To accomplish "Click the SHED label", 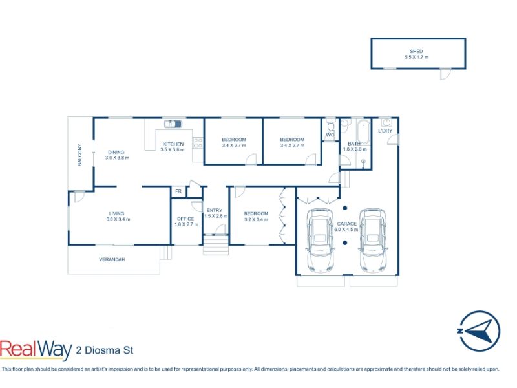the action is point(416,51).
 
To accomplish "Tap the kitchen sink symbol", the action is point(173,124).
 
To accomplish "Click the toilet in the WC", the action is point(331,127).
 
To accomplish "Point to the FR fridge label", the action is point(178,191).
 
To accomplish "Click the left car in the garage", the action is point(320,240).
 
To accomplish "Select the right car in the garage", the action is point(373,240).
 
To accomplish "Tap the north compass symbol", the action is point(479,330).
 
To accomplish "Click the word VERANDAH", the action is point(112,259).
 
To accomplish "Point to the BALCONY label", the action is point(79,155).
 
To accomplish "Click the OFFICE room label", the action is point(185,219).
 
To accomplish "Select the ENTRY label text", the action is point(215,210).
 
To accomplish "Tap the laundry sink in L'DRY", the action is point(386,122).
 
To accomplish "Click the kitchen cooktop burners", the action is point(198,143).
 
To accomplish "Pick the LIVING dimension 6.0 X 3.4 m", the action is point(118,219).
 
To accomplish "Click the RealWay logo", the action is point(36,350).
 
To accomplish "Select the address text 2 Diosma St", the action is point(105,350).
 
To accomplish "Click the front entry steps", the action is point(216,245).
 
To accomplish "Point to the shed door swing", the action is point(445,74).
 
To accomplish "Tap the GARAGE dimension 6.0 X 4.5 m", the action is point(346,230).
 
